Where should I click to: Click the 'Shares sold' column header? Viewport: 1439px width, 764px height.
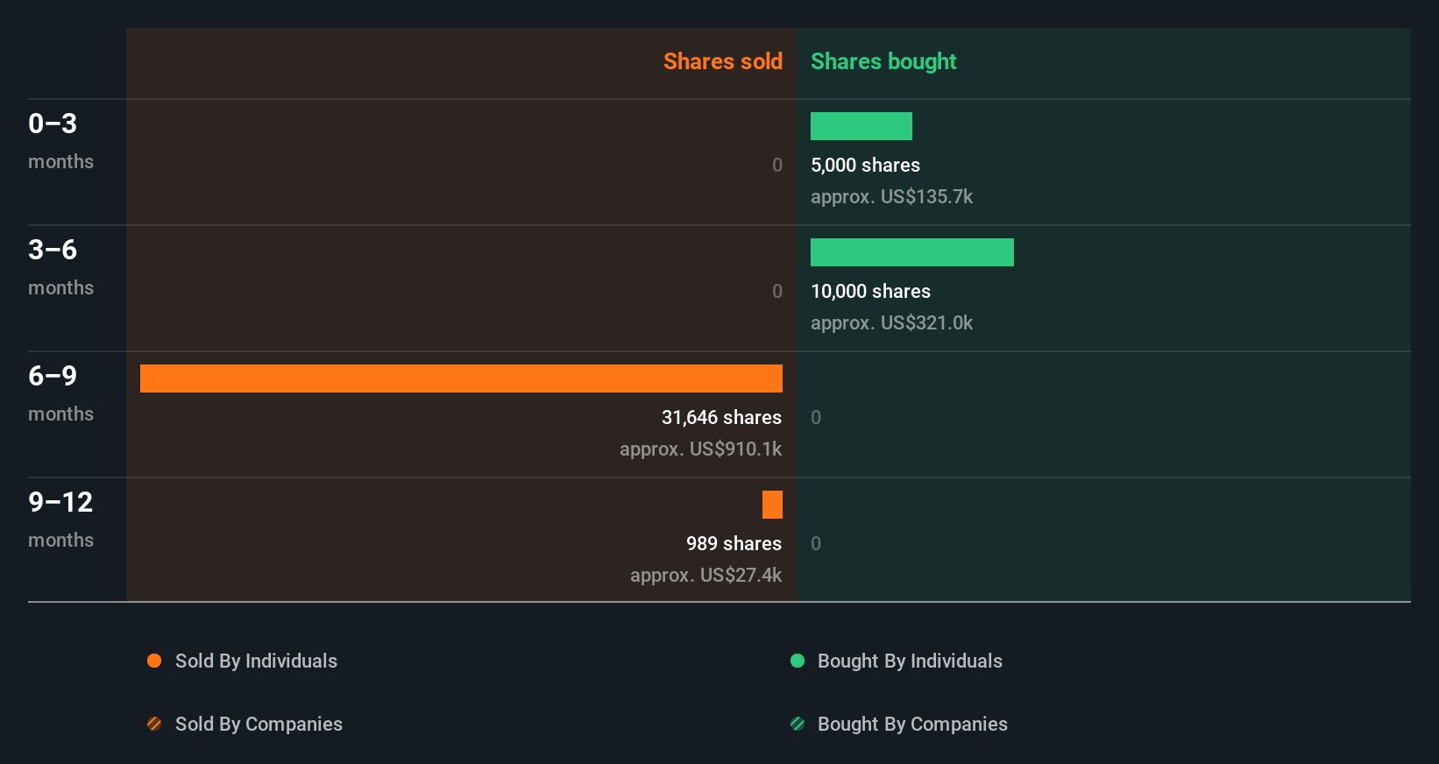(x=722, y=61)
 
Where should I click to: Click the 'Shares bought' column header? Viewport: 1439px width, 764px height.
(x=883, y=61)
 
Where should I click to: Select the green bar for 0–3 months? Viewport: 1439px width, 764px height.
(x=861, y=126)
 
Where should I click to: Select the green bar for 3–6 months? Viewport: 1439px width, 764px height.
(x=911, y=252)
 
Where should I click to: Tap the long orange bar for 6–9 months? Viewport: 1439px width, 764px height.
(x=461, y=378)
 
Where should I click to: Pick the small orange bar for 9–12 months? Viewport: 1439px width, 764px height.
(x=772, y=505)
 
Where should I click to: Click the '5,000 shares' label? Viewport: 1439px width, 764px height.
(x=865, y=165)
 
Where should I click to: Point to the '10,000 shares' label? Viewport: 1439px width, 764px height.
(x=870, y=291)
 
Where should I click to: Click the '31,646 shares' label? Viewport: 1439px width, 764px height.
(x=721, y=417)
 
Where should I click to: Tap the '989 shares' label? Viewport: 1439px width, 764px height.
(x=734, y=543)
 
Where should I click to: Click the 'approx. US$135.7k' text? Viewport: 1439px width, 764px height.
(x=891, y=196)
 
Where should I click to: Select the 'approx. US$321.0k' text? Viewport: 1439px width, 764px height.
(x=891, y=322)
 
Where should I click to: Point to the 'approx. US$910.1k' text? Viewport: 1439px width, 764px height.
(x=700, y=449)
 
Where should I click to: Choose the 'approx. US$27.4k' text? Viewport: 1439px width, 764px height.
(x=705, y=575)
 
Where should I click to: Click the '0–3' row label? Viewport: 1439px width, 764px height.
(x=53, y=124)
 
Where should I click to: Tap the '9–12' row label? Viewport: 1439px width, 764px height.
(x=60, y=502)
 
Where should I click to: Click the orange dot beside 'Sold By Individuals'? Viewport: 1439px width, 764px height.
(x=154, y=661)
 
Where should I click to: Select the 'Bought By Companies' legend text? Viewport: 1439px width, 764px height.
(x=912, y=724)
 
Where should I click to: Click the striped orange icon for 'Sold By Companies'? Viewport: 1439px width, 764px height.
(x=154, y=724)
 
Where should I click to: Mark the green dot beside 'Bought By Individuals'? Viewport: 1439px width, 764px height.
(x=797, y=661)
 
